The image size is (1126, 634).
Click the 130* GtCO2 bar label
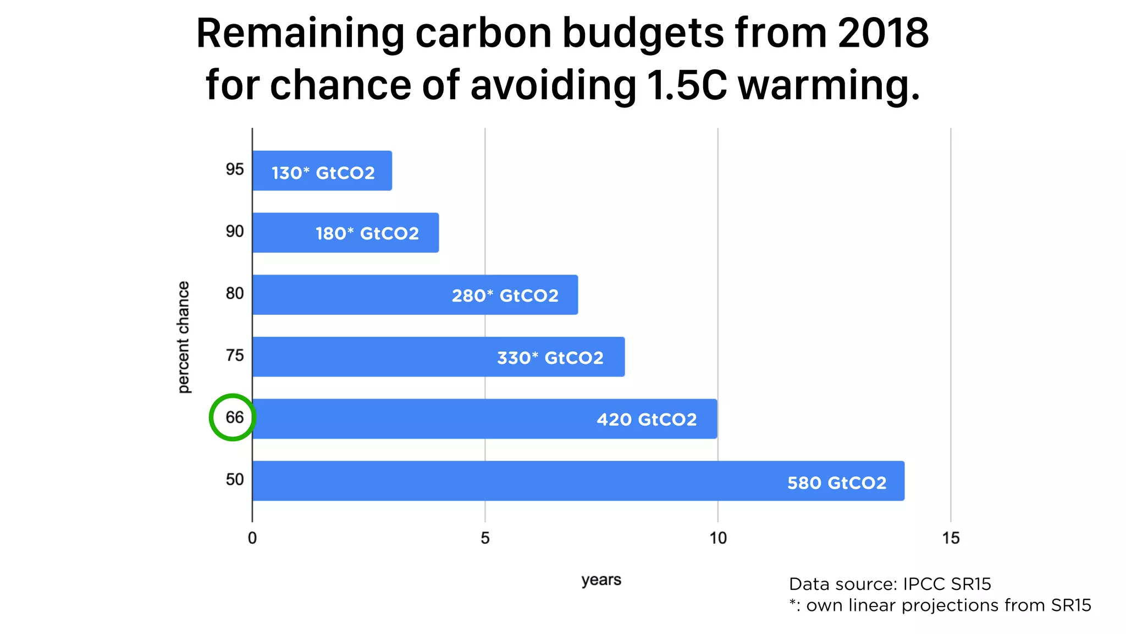pos(323,173)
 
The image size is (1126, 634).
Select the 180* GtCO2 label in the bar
pos(367,233)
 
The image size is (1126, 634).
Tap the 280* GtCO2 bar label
pos(505,296)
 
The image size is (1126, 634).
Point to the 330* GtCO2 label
pos(550,358)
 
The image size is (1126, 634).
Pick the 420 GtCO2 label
pos(647,419)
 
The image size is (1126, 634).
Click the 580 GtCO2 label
pos(837,483)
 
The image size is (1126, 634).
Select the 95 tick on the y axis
pos(234,170)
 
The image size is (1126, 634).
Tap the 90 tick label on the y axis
pos(234,231)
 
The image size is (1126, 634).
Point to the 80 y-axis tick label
pos(234,293)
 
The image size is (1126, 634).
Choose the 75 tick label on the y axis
pos(234,356)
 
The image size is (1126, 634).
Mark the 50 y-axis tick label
pos(234,479)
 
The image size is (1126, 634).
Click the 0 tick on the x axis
pos(252,538)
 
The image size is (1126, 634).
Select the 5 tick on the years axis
pos(485,538)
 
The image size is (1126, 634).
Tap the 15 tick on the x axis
pos(951,538)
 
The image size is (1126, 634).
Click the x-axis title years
pos(601,580)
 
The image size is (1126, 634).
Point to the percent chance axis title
pos(183,337)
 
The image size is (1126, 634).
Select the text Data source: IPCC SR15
pos(890,584)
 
